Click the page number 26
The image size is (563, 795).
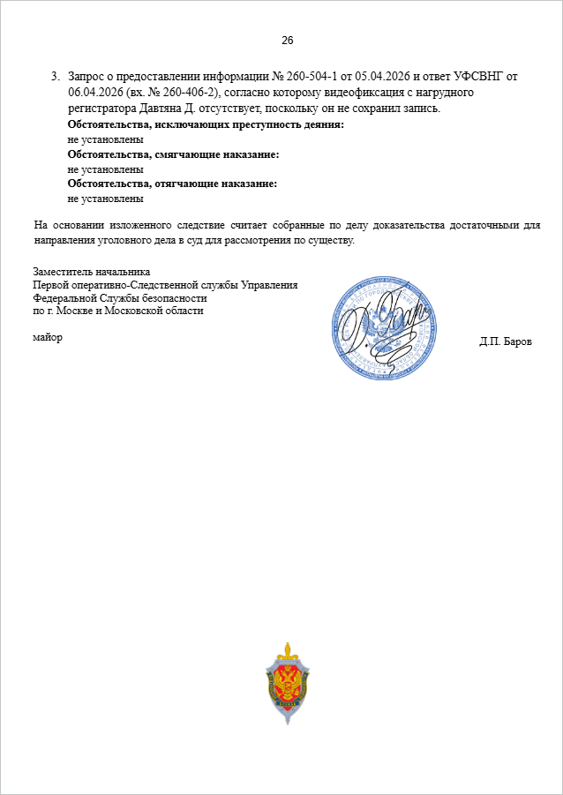coord(287,41)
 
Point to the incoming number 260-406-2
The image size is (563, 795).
coord(193,92)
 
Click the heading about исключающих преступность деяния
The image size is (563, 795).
coord(206,124)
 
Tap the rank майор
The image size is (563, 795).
coord(48,337)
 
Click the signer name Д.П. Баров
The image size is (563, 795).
coord(506,341)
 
